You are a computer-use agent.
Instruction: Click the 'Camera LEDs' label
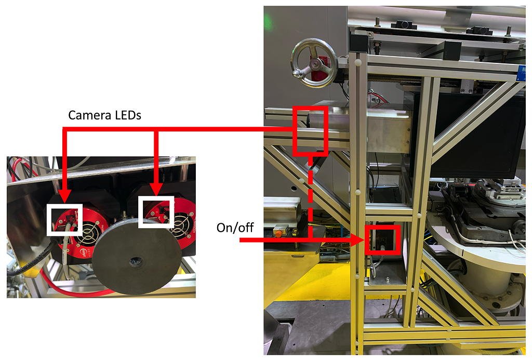point(104,115)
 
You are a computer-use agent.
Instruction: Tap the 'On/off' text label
point(235,228)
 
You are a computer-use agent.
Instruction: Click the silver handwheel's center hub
point(315,63)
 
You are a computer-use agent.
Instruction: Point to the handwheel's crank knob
point(298,72)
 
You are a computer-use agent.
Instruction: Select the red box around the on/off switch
point(382,239)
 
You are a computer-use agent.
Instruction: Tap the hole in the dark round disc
point(136,262)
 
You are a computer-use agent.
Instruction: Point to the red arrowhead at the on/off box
point(359,240)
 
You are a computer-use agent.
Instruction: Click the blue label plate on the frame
point(521,73)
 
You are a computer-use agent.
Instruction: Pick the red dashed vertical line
point(310,197)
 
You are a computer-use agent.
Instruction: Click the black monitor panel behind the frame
point(468,136)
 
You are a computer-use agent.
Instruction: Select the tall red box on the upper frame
point(310,131)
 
